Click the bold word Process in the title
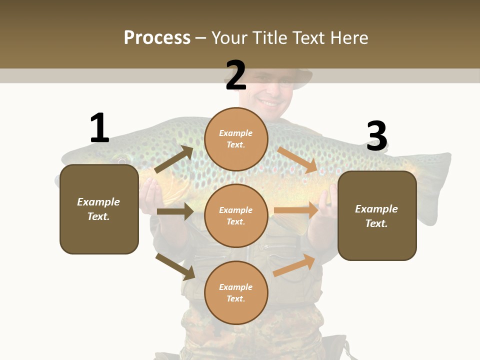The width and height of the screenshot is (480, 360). coord(157,38)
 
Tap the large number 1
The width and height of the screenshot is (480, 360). coord(99,128)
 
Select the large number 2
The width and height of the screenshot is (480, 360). coord(236,75)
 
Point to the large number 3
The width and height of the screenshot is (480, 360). coord(376,136)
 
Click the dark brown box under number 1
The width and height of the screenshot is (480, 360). coord(99,209)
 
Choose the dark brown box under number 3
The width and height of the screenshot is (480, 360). coord(377,215)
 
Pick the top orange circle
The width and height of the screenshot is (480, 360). coord(236,138)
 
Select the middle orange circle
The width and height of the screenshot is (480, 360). coord(236,215)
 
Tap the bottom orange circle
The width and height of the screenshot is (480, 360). coord(236,292)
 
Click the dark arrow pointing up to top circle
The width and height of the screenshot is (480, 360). coord(173,159)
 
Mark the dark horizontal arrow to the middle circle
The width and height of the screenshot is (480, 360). coord(175,211)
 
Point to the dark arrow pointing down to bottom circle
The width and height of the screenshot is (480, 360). coord(175,266)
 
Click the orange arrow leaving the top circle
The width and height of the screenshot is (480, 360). coord(297,160)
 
